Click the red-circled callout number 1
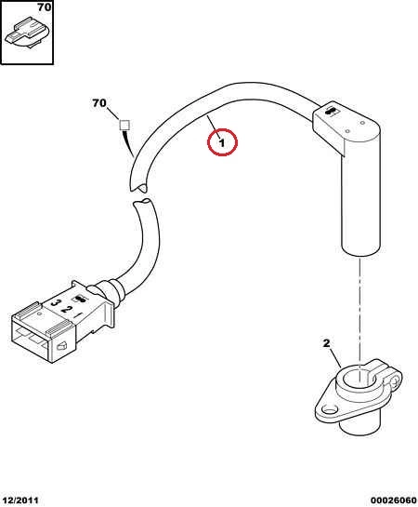[x=222, y=142]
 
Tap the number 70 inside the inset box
[x=45, y=7]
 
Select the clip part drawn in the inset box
[x=27, y=33]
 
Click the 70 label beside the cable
[x=99, y=103]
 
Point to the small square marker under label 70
[x=124, y=125]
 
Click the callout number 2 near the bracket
[x=326, y=343]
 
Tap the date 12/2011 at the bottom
[x=20, y=500]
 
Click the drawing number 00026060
[x=393, y=500]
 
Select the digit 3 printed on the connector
[x=56, y=303]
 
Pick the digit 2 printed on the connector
[x=66, y=310]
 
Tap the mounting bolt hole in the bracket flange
[x=330, y=411]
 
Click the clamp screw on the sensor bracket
[x=396, y=381]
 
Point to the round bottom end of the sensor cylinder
[x=360, y=250]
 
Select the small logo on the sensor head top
[x=330, y=111]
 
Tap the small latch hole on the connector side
[x=61, y=346]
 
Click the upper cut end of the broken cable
[x=137, y=187]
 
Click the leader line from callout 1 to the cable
[x=214, y=126]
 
